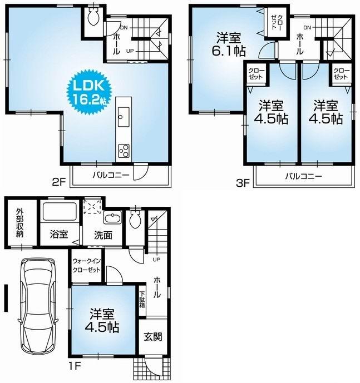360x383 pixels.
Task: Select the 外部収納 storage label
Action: coord(20,222)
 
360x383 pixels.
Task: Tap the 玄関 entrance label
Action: coord(152,336)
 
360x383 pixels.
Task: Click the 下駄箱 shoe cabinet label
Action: coord(142,300)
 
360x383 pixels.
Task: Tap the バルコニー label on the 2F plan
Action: coord(111,175)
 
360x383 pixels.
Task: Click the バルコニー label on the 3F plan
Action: coord(303,177)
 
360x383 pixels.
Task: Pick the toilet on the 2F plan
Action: coord(93,18)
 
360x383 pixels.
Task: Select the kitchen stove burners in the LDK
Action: coord(123,150)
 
